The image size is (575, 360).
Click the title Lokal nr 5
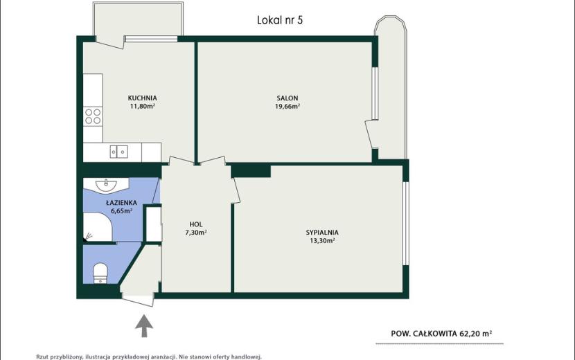pos(280,20)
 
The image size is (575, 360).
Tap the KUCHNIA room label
pos(142,98)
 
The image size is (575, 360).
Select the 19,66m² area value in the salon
pos(287,107)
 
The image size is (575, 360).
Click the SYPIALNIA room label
pos(322,233)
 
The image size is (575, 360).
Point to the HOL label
pos(196,224)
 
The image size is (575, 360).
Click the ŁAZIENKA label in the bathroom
pos(121,203)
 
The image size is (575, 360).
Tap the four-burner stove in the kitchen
pos(93,116)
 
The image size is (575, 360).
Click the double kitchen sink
pos(119,152)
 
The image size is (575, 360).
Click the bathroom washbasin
pos(106,184)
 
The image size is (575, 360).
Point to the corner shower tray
pos(98,226)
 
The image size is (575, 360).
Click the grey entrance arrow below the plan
pos(144,325)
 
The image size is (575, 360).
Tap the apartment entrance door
pos(138,299)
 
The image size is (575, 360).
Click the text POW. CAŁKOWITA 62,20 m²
pos(441,334)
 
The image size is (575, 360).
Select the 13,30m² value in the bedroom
pos(322,241)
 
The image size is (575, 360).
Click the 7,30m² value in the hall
pos(196,233)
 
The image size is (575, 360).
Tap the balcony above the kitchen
pos(138,19)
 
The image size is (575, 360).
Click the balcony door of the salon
pos(371,134)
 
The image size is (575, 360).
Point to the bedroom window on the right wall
pos(405,223)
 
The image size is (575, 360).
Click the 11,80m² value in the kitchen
pos(142,107)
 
